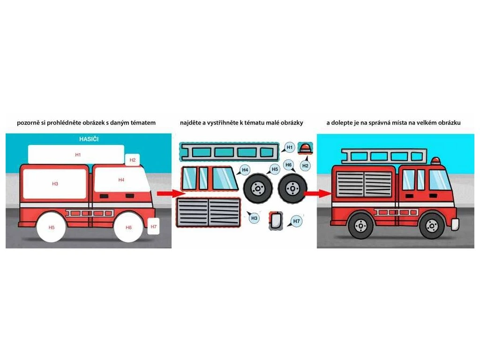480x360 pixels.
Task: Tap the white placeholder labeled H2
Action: pyautogui.click(x=133, y=160)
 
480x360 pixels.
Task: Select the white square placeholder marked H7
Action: pyautogui.click(x=154, y=226)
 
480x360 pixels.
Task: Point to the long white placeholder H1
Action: pyautogui.click(x=76, y=154)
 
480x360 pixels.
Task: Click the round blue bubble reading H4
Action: pyautogui.click(x=245, y=170)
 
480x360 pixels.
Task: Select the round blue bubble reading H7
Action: pyautogui.click(x=296, y=221)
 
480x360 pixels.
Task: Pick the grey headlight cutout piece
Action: pyautogui.click(x=275, y=220)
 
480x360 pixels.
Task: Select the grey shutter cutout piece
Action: pyautogui.click(x=209, y=212)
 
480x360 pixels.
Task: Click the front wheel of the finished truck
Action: pyautogui.click(x=432, y=225)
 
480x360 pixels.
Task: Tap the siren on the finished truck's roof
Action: pyautogui.click(x=436, y=161)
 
